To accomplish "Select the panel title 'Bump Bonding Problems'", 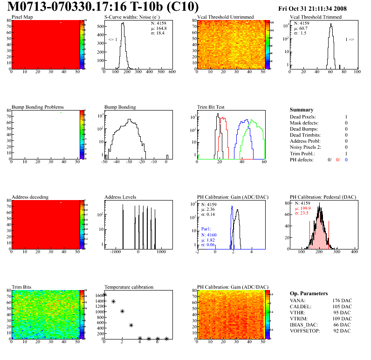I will click(38, 107).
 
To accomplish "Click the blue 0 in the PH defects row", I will click(347, 159).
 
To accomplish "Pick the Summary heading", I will click(302, 110).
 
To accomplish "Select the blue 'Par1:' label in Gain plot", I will click(207, 228).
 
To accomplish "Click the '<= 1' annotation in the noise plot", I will click(113, 40).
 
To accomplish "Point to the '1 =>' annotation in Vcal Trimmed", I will click(350, 40).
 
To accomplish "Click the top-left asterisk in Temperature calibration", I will click(105, 295).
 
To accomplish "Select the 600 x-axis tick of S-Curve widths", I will click(172, 72).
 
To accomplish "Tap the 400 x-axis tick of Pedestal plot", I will click(354, 252).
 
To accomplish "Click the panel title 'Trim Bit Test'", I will click(211, 107).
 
